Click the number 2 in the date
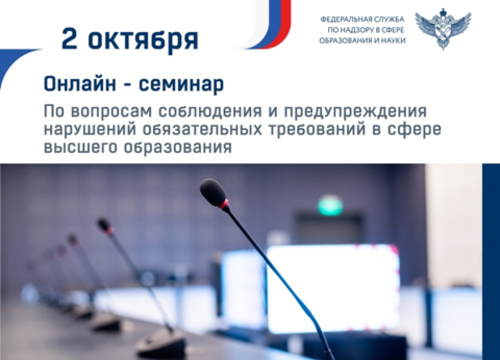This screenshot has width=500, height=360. (x=69, y=38)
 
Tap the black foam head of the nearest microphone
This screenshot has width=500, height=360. (x=213, y=192)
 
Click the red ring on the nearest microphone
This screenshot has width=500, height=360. (x=224, y=204)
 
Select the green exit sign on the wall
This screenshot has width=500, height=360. (x=330, y=205)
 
